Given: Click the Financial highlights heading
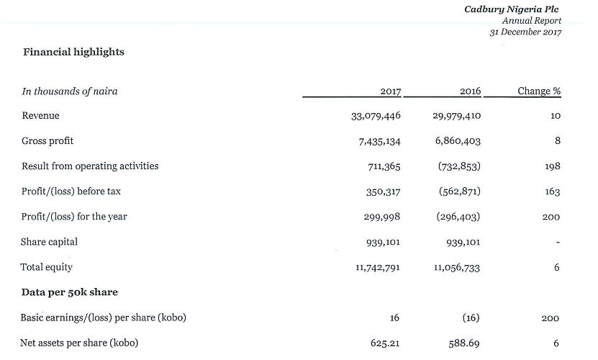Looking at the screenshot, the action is point(73,52).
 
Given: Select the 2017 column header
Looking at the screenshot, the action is point(391,91).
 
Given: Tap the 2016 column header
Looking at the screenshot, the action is point(470,91).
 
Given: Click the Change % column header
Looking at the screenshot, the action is point(539,91).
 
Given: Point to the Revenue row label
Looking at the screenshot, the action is point(40,116).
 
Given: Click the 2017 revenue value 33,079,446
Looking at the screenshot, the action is point(376,116).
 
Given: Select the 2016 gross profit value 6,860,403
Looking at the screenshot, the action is point(458,141).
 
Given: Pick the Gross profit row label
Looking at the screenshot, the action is point(47,141).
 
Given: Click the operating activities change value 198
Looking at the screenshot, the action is point(552,166).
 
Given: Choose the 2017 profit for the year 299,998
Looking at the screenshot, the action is point(382,217).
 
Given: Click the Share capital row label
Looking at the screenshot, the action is point(49,242).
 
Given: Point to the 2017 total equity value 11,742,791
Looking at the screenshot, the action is point(378,267).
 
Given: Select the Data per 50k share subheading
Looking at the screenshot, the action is point(69,292).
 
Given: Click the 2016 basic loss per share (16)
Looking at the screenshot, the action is point(471,318).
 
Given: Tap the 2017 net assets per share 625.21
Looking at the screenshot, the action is point(385,343).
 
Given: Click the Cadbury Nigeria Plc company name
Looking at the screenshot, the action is point(511,9).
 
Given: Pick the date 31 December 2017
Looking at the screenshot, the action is point(525,32).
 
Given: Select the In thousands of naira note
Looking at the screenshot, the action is point(69,91).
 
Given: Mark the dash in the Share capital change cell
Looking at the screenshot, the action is point(558,242).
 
